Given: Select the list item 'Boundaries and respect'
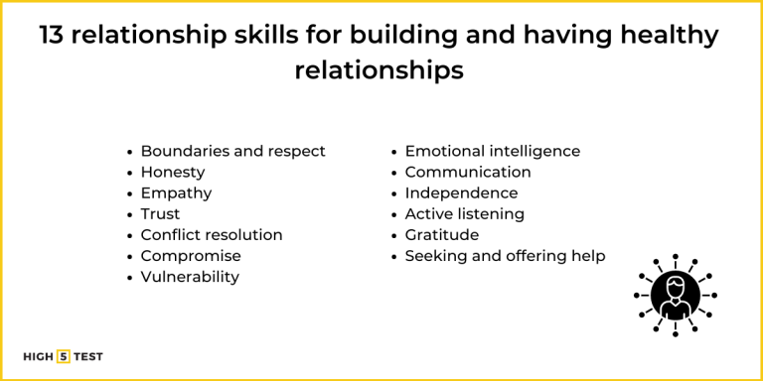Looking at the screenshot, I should [x=232, y=151].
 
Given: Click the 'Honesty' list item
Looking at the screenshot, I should [x=173, y=172].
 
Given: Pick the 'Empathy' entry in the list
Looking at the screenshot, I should [x=176, y=192].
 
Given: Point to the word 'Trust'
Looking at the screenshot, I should [x=160, y=213].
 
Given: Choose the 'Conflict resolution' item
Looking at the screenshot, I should [x=212, y=234].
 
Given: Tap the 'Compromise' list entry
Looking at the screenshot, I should [x=191, y=255].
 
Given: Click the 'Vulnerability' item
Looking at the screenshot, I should [x=190, y=276].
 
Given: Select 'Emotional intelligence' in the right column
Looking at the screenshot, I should [x=492, y=151].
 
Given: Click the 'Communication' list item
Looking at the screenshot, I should [x=468, y=172].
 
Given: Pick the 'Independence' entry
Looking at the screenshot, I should [x=461, y=192].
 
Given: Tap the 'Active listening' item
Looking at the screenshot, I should [x=464, y=213].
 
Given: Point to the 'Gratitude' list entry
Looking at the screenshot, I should [x=441, y=234].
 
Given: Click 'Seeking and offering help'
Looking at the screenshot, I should [x=505, y=255].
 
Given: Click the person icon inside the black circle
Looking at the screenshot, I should [x=676, y=295].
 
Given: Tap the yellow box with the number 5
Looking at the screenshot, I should [x=64, y=356].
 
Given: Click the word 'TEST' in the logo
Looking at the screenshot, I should [x=88, y=356].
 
